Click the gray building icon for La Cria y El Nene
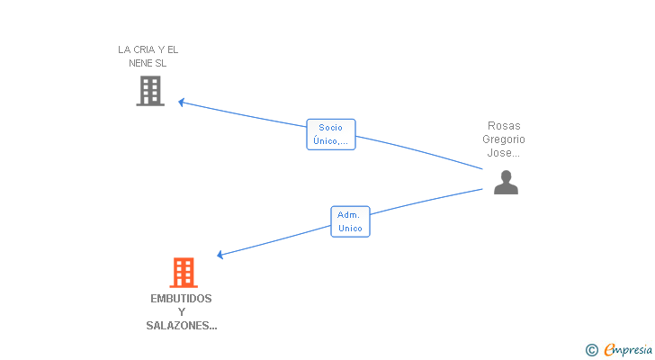(150, 91)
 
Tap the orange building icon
(184, 273)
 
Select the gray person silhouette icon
(506, 182)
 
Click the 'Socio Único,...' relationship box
(331, 134)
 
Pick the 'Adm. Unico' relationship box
(350, 221)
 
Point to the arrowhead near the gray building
(182, 103)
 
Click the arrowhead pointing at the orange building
(220, 255)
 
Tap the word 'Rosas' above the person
(504, 126)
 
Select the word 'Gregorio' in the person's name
(504, 139)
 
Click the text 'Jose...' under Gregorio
(503, 152)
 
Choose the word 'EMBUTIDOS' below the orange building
(182, 298)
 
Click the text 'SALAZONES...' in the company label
(182, 325)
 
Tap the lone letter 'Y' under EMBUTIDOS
(182, 312)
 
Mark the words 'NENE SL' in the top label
(148, 63)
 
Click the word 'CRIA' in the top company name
(145, 49)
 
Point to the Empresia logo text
(628, 349)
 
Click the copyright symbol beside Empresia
(591, 350)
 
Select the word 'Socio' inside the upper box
(330, 128)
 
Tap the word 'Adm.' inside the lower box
(348, 215)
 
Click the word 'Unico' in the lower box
(350, 228)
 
